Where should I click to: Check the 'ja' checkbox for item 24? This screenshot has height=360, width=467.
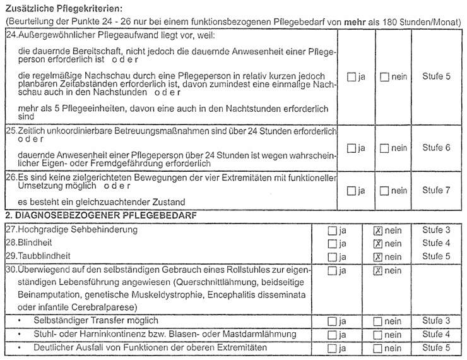point(352,77)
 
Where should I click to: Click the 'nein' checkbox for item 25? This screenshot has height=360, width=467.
point(384,148)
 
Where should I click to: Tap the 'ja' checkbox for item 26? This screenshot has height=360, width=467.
point(352,191)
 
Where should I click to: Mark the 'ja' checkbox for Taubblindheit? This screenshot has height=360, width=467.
point(333,257)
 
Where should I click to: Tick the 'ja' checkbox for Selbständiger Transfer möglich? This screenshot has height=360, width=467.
point(333,322)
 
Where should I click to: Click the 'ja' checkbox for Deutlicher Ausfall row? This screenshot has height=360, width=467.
point(333,349)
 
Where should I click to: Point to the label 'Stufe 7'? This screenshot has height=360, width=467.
point(436,190)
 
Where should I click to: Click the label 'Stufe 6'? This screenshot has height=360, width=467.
point(436,148)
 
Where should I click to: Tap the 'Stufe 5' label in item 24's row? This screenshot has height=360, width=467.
point(436,76)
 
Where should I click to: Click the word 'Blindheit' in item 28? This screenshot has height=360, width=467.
point(37,243)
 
